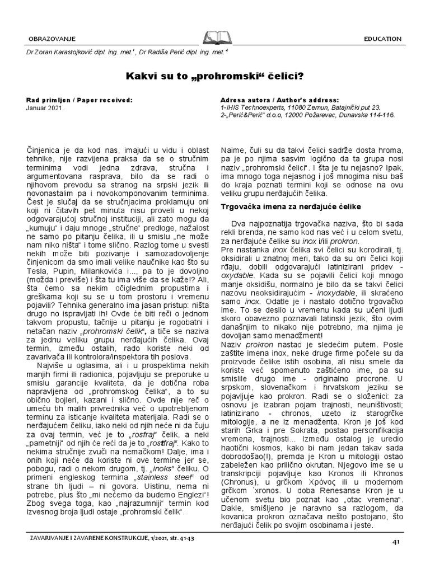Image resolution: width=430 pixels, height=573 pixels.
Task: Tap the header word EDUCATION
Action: point(382,39)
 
